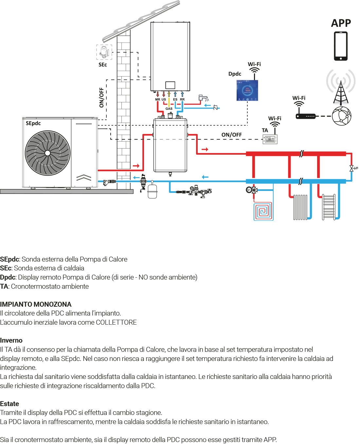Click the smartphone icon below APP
[341, 46]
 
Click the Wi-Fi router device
[305, 116]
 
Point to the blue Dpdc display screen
[247, 90]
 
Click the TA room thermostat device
[270, 139]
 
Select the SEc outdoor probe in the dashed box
[104, 52]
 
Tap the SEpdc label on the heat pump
[33, 123]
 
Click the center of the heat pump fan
[48, 153]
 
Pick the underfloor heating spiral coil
[263, 212]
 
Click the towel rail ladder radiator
[329, 207]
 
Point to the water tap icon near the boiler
[204, 98]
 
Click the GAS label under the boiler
[169, 109]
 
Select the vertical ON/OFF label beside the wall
[101, 97]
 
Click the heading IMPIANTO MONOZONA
[36, 304]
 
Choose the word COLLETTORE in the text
[116, 322]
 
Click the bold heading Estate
[9, 404]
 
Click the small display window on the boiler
[170, 85]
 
